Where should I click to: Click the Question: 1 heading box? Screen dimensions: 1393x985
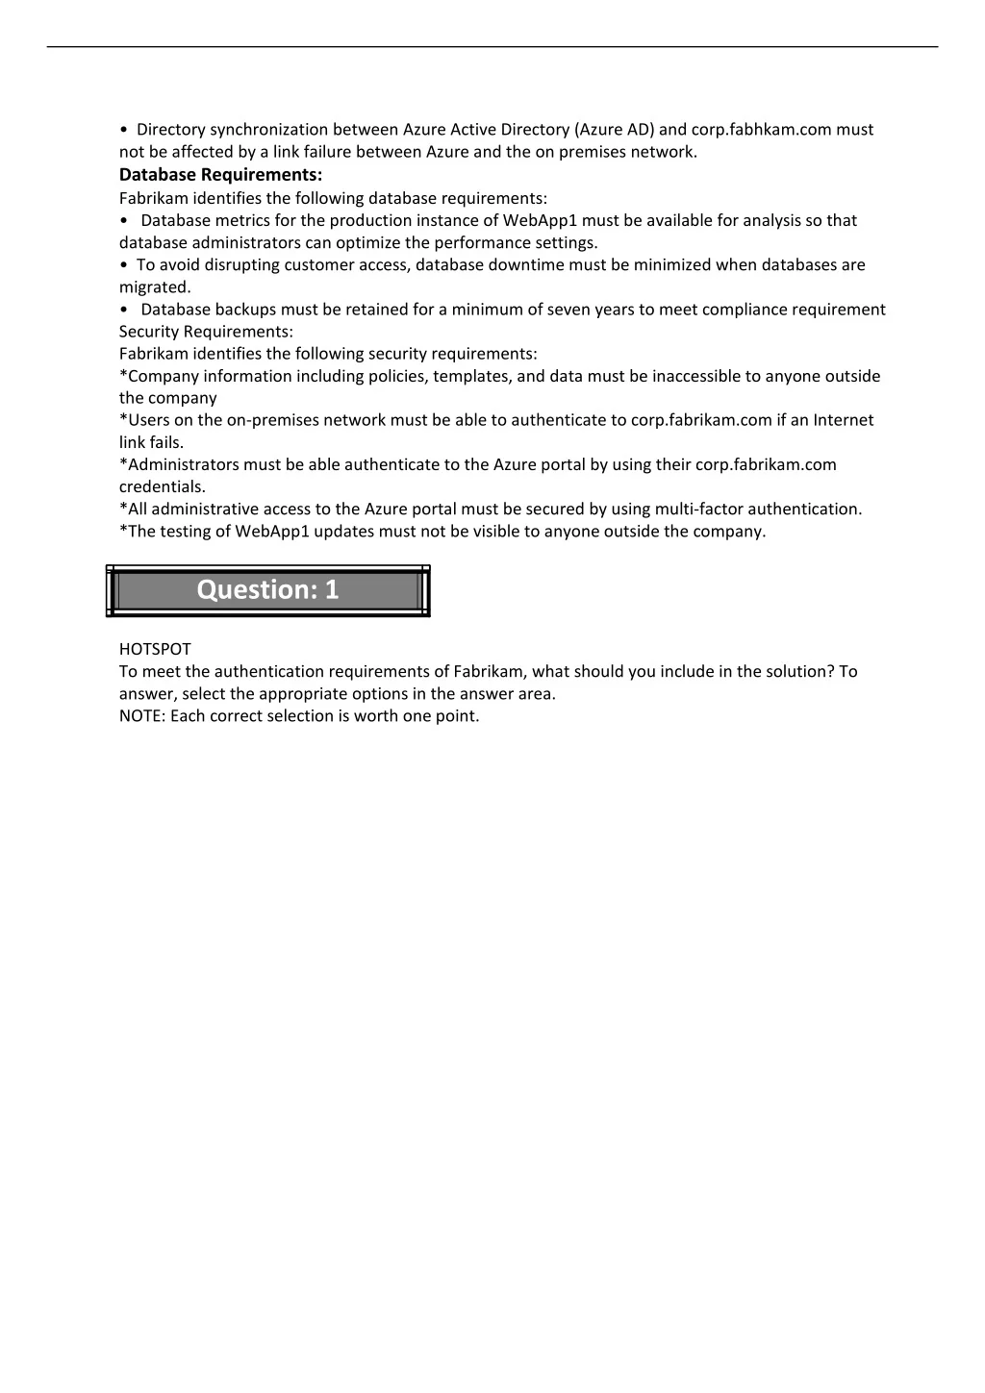tap(267, 590)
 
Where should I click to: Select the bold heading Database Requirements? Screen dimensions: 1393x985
tap(220, 175)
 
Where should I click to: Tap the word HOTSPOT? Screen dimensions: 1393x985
tap(155, 650)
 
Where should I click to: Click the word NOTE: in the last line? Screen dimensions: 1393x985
tap(142, 716)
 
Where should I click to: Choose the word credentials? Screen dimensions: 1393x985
tap(162, 487)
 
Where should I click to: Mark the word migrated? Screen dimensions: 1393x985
tap(155, 287)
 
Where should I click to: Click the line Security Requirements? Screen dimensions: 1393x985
tap(206, 332)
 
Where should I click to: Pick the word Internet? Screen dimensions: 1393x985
tap(844, 420)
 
